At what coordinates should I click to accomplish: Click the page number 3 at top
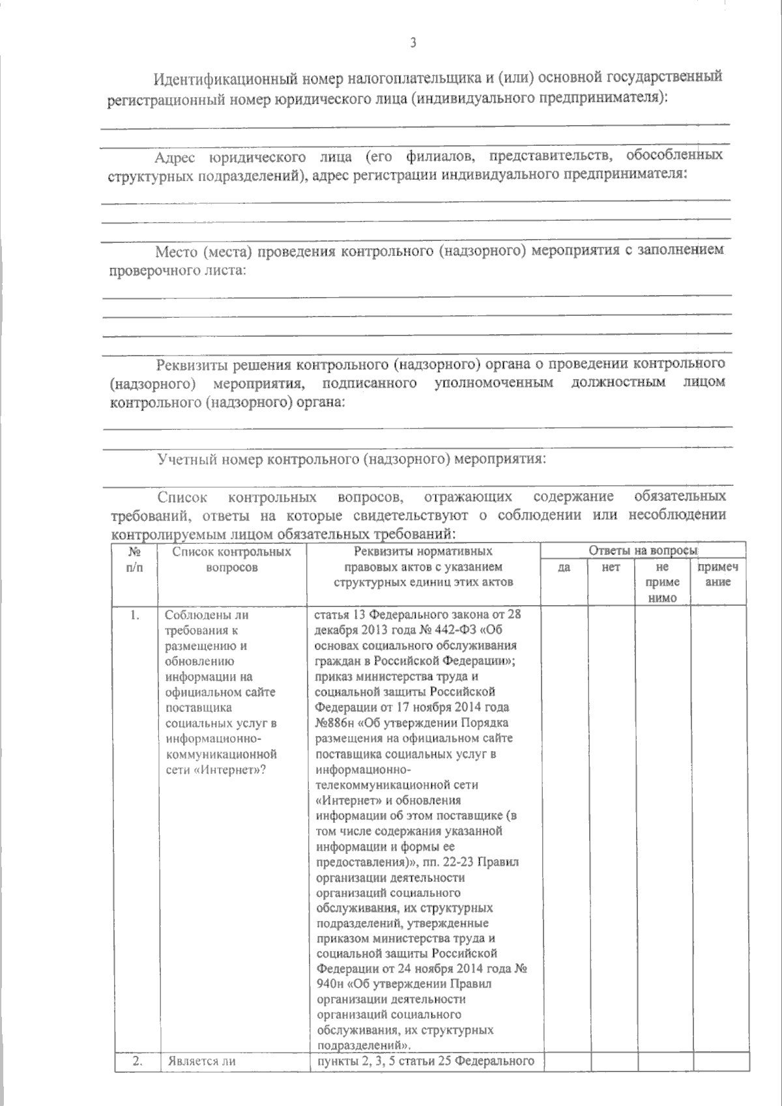(x=413, y=44)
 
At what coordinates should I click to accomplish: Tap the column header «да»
(x=564, y=567)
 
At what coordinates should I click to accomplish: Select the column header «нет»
(x=611, y=567)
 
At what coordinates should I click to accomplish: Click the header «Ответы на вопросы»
(x=643, y=551)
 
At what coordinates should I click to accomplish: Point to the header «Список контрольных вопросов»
(x=231, y=560)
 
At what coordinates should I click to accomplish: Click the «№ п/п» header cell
(x=135, y=560)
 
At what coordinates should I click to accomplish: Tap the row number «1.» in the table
(x=135, y=615)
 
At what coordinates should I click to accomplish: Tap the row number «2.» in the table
(x=137, y=1060)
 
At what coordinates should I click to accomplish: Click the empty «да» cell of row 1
(x=564, y=827)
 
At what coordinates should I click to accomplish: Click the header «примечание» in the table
(x=717, y=574)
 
